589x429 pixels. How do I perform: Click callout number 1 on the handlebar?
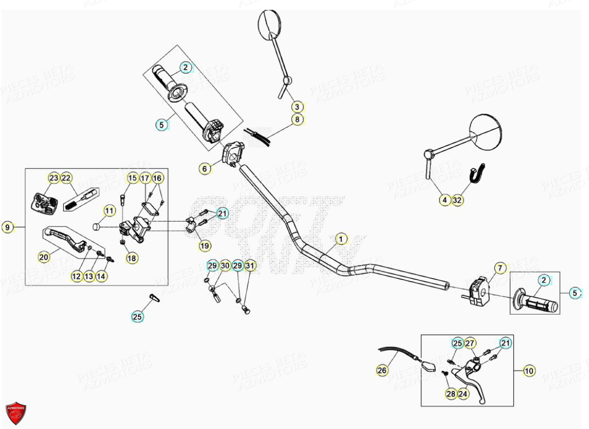(x=341, y=239)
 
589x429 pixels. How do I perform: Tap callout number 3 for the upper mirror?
(x=297, y=107)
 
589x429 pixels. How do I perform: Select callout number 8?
(x=297, y=119)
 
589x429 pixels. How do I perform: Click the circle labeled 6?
(x=205, y=169)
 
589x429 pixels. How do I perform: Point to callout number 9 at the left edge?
(x=7, y=227)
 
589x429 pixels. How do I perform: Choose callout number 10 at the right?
(x=529, y=371)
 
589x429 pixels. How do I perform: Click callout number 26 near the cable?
(x=382, y=371)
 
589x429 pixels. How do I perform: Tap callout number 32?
(x=458, y=201)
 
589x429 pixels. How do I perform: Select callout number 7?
(x=499, y=268)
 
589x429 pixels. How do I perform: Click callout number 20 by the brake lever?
(x=43, y=257)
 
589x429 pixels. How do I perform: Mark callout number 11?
(x=109, y=211)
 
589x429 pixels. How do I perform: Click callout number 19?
(x=205, y=245)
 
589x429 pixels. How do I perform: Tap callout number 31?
(x=250, y=266)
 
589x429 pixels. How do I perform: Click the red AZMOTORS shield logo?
(x=16, y=413)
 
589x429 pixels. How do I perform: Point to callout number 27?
(x=470, y=344)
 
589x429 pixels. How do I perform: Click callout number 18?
(x=132, y=258)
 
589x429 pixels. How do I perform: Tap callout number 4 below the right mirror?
(x=444, y=201)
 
